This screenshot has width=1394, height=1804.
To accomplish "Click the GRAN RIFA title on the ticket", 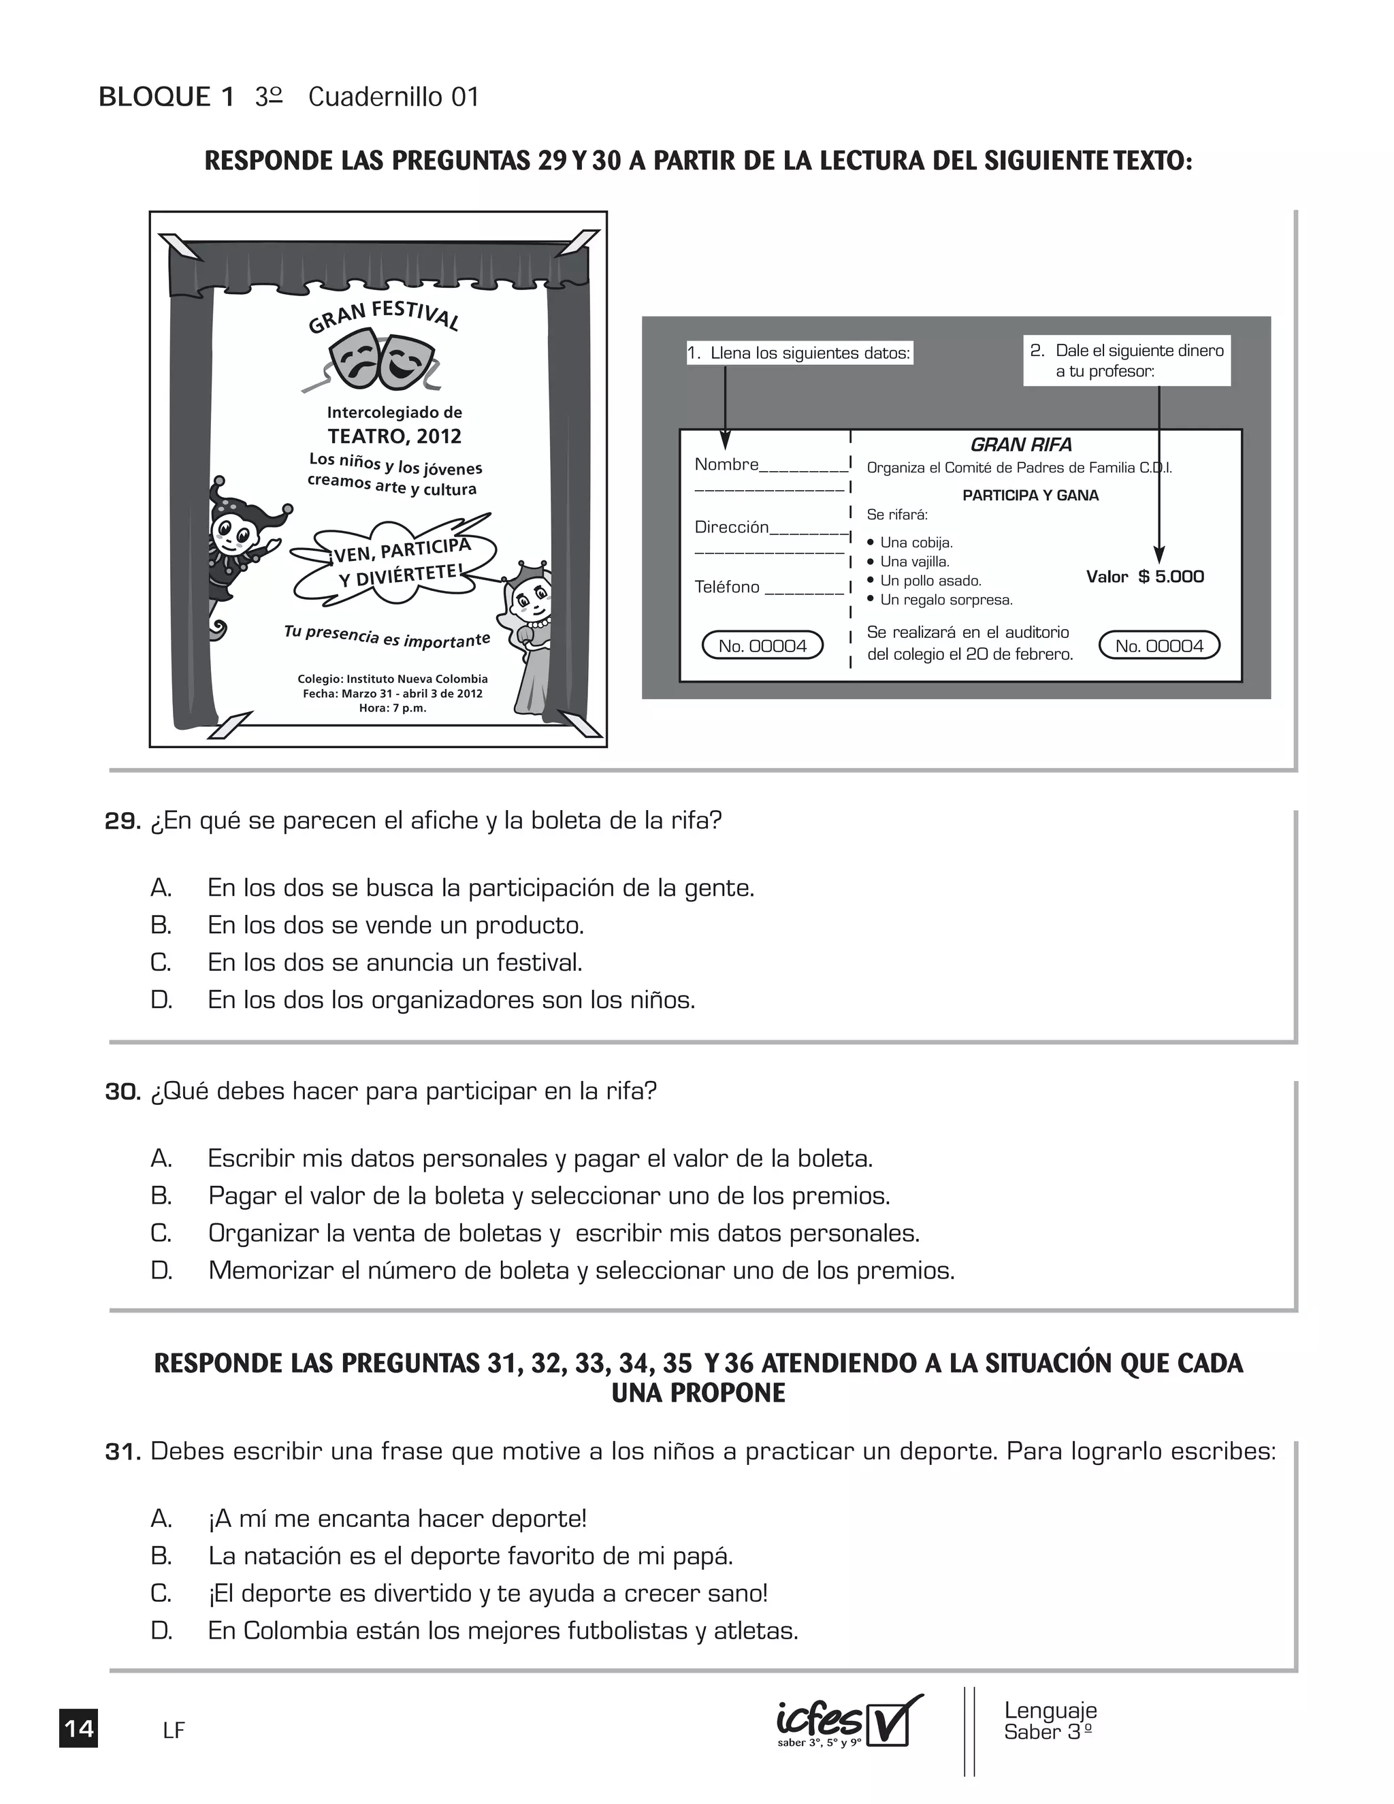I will tap(1021, 445).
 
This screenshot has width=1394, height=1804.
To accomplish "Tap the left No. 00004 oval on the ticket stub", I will tap(762, 646).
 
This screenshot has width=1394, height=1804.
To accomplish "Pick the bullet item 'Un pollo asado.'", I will tap(930, 581).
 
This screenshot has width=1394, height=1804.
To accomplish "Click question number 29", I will tap(123, 821).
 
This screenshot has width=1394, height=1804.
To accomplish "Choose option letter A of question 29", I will tap(161, 888).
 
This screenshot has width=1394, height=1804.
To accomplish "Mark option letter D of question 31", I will tap(161, 1630).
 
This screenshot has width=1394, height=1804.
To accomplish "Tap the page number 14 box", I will tap(78, 1728).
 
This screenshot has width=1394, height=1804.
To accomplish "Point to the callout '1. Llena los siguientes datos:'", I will tap(799, 353).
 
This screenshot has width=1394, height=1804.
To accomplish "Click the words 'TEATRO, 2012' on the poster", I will tap(394, 436).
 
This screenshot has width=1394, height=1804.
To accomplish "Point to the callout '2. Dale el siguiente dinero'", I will tap(1127, 360).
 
